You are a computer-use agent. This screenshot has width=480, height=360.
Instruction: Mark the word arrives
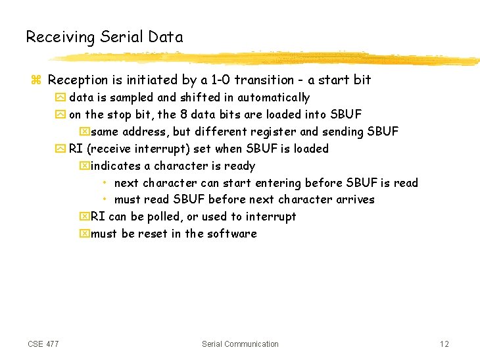click(x=355, y=199)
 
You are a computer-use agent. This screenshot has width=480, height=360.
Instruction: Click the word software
click(x=232, y=234)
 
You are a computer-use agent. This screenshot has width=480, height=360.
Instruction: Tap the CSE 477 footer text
click(x=43, y=344)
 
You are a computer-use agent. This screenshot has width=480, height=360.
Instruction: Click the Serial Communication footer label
click(x=240, y=344)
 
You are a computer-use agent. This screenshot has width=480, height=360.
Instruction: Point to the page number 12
click(x=444, y=344)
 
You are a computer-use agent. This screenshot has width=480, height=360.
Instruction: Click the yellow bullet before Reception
click(x=36, y=80)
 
